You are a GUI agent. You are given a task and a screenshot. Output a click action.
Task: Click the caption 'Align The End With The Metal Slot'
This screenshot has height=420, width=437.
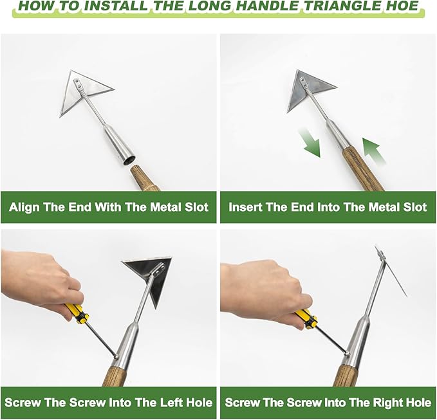click(109, 207)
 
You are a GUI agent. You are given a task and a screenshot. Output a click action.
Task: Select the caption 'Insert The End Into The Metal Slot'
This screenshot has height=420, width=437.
click(328, 207)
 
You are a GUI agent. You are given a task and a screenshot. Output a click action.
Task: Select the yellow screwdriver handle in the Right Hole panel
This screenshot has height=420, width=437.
click(306, 318)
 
